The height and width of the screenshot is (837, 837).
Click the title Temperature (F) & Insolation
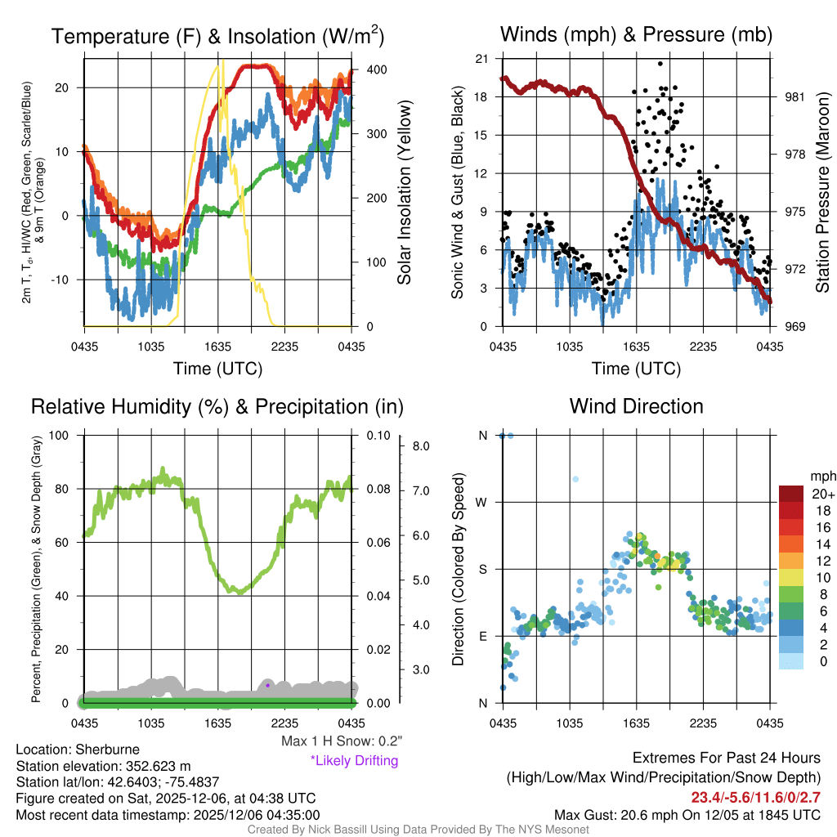[217, 36]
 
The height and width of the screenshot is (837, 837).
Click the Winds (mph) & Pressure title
[636, 34]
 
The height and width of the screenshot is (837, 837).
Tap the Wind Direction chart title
[636, 406]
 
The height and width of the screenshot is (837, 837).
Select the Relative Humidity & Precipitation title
[217, 406]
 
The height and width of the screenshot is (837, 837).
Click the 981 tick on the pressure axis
[794, 96]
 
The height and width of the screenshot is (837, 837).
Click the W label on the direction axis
[482, 502]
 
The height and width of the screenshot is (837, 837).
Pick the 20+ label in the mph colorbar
[822, 495]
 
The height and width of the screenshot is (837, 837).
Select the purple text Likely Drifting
[354, 760]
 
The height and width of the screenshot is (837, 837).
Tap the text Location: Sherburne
[78, 750]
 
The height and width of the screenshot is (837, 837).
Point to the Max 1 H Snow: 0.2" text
[341, 741]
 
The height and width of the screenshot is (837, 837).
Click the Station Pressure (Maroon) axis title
[822, 192]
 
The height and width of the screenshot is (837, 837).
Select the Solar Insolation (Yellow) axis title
[404, 192]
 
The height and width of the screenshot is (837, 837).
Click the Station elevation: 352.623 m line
[103, 766]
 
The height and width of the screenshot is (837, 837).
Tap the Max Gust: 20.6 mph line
[687, 814]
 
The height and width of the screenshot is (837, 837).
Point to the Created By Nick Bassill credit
[418, 830]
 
